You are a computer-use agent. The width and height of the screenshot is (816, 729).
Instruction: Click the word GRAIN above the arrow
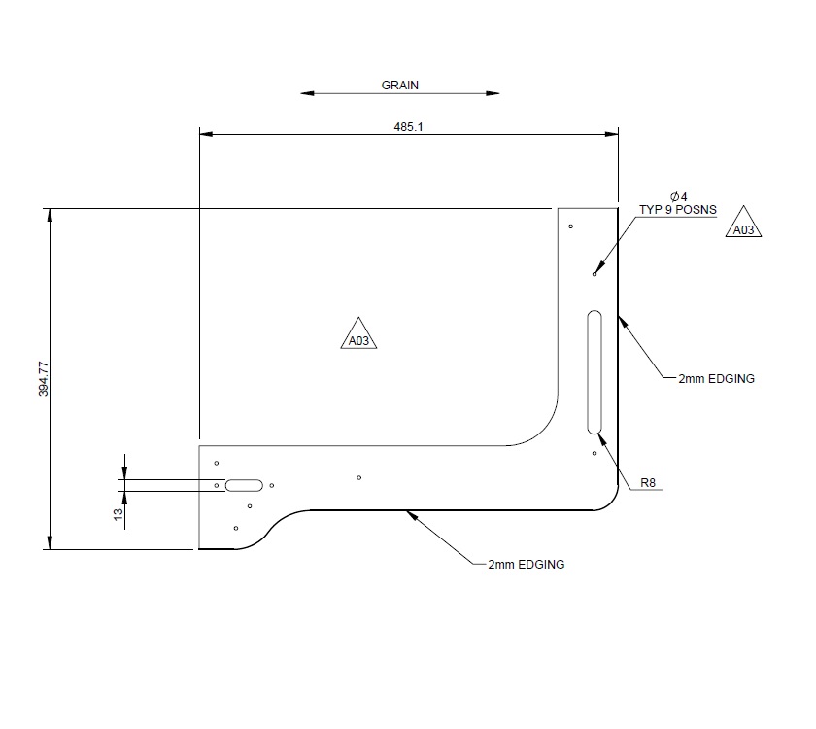point(399,85)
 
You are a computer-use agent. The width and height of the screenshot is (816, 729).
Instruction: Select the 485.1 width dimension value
point(408,126)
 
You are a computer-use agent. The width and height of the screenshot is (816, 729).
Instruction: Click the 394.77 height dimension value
point(42,378)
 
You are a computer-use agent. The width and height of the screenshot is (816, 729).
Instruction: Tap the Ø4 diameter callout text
point(677,196)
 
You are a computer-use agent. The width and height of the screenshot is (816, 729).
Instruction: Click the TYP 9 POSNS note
point(677,209)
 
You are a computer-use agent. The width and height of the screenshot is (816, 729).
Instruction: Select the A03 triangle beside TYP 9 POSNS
point(743,226)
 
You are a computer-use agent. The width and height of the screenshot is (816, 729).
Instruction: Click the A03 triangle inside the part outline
point(357,336)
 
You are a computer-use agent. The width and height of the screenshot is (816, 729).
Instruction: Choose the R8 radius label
point(648,482)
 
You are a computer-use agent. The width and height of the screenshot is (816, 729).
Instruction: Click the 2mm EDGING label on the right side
point(716,378)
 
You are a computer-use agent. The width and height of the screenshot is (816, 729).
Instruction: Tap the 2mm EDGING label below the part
point(526,564)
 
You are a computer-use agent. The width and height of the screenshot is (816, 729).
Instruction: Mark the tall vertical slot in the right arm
point(595,372)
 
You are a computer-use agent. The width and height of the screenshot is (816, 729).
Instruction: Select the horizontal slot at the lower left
point(244,484)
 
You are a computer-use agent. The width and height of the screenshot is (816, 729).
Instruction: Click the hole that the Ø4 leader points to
point(595,274)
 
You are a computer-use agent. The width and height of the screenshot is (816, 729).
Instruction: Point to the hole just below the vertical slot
point(594,453)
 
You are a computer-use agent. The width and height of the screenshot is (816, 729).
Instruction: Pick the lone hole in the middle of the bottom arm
point(359,477)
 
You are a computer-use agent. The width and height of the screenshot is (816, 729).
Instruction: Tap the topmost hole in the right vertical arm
point(571,226)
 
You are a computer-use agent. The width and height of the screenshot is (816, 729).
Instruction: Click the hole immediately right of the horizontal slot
point(272,485)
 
